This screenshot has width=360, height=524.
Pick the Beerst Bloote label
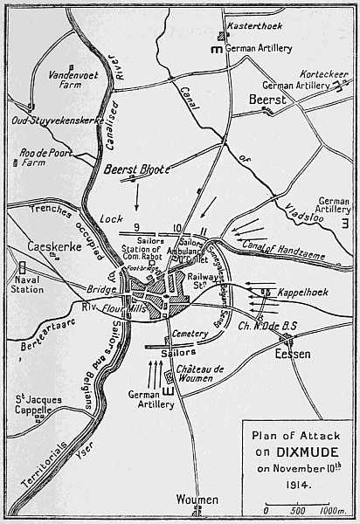coord(136,171)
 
